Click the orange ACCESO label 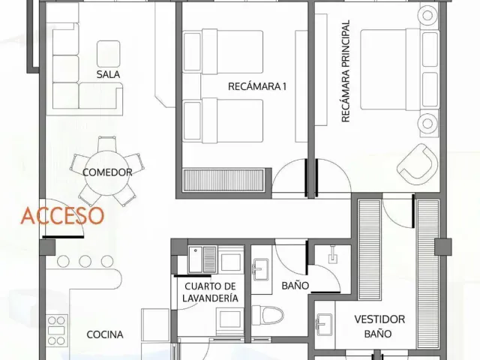pos(62,216)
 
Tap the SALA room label pos(108,74)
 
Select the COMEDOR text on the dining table pos(107,172)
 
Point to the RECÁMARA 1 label pos(257,87)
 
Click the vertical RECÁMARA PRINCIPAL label pos(345,71)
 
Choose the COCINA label pos(105,334)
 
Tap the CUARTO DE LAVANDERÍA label pos(210,292)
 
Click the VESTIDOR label pos(379,319)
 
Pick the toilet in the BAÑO pos(268,316)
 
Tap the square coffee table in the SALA pos(108,54)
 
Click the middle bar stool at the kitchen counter pos(85,262)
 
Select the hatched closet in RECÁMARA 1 pos(223,180)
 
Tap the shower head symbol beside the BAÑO pos(333,255)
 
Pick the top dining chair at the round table pos(107,145)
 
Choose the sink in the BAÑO pos(260,269)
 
